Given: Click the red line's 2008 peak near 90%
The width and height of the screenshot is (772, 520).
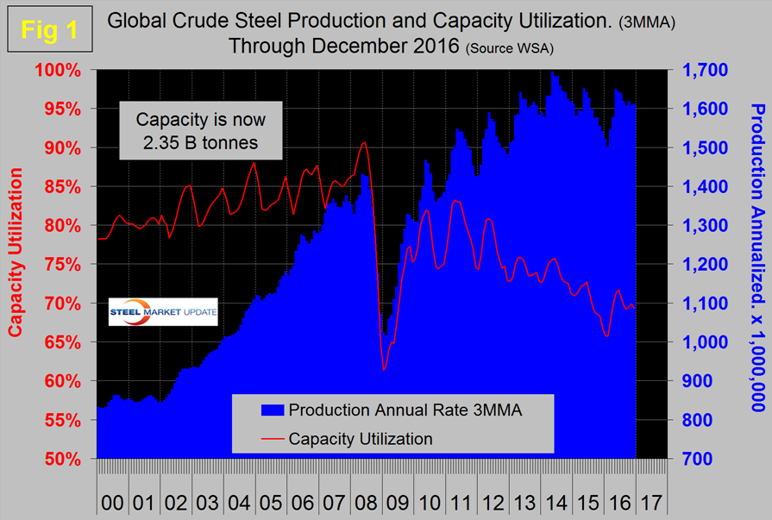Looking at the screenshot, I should [x=364, y=142].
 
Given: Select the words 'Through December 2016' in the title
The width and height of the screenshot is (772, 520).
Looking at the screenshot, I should [x=343, y=46].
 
